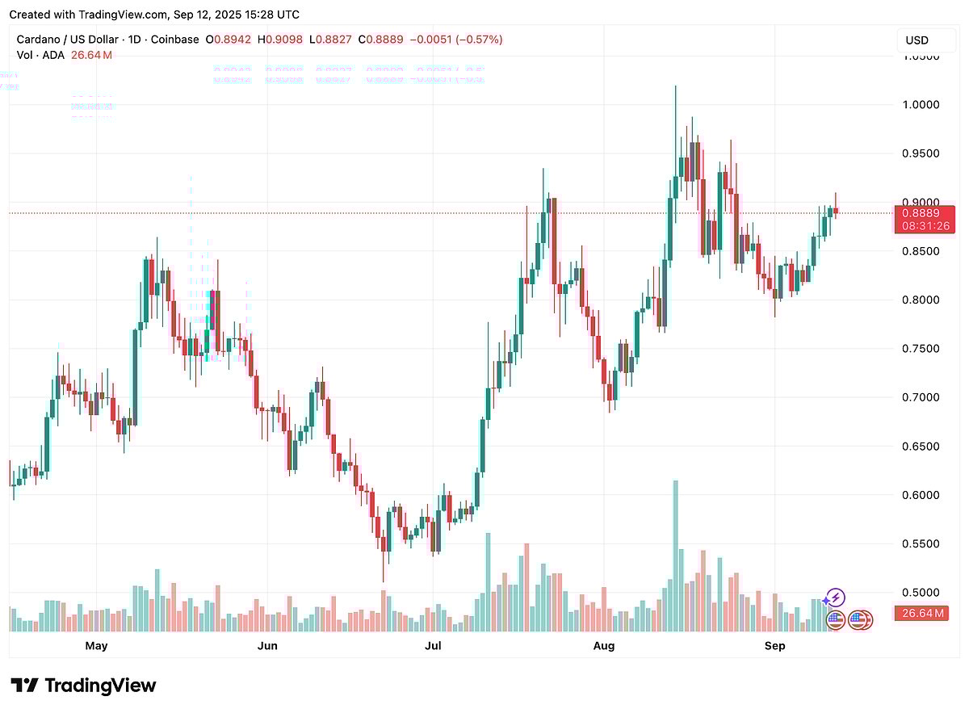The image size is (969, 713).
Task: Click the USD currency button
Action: [917, 40]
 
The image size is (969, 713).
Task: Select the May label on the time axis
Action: [96, 646]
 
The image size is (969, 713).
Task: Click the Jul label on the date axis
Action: [434, 646]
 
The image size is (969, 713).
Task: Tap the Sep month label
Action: [774, 646]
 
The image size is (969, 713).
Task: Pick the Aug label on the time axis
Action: [603, 646]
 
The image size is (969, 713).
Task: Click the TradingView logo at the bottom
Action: [83, 686]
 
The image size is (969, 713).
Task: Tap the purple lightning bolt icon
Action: [837, 598]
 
